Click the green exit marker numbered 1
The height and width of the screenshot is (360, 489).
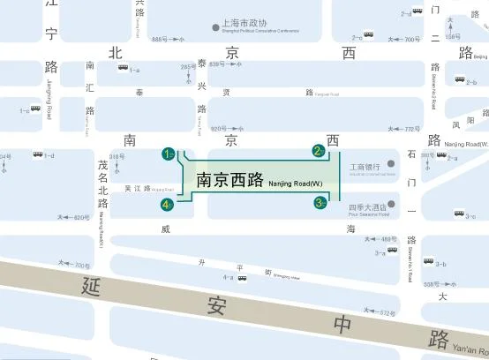point(167,154)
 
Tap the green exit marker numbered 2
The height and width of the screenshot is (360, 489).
point(318,151)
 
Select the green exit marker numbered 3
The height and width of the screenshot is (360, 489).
point(320,204)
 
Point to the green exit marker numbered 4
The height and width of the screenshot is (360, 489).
point(166,205)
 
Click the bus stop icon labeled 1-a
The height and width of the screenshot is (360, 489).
point(121,70)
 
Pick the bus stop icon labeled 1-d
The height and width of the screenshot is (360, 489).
point(38,155)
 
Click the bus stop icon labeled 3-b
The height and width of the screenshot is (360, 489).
point(429,262)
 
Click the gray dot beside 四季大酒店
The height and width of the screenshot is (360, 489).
point(390,205)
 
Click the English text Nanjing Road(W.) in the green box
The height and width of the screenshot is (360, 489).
point(296,184)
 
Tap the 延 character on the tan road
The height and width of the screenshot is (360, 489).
point(88,286)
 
